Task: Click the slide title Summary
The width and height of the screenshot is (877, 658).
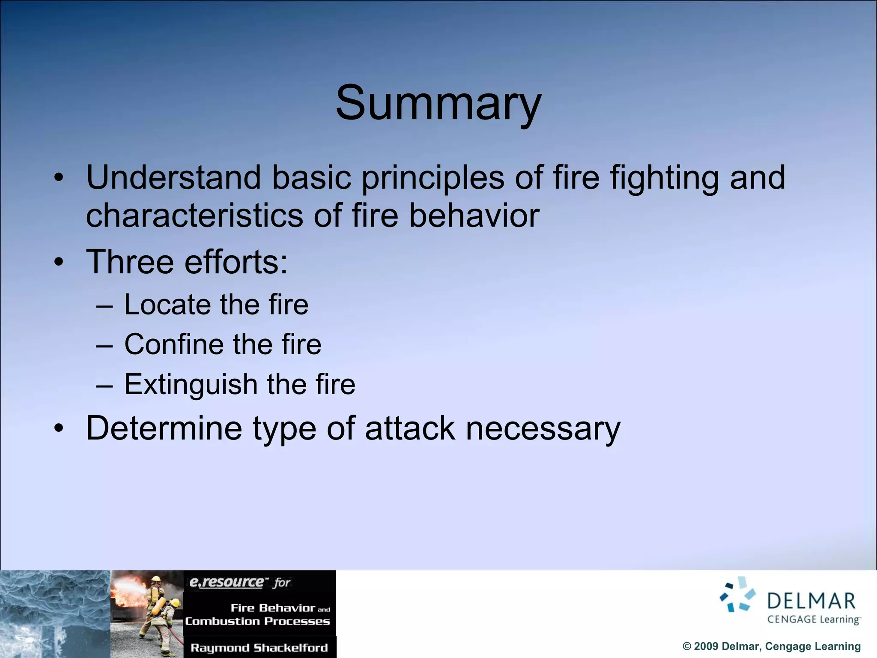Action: click(x=438, y=103)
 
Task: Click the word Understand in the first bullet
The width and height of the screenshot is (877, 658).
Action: click(x=173, y=177)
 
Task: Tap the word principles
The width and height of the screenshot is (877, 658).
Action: click(x=433, y=178)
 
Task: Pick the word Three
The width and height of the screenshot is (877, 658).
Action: click(x=130, y=262)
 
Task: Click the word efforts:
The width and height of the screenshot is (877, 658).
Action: click(x=236, y=262)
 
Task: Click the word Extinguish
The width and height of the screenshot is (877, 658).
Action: click(x=191, y=384)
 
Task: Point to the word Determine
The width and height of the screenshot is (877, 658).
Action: click(x=164, y=428)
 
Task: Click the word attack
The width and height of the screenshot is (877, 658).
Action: click(x=410, y=428)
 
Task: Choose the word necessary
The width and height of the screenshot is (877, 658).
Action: click(x=543, y=429)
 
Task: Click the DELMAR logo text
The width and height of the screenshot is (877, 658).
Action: click(x=811, y=601)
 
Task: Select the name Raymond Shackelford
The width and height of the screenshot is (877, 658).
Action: click(x=259, y=648)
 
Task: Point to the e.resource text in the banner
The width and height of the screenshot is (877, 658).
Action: click(x=227, y=582)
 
